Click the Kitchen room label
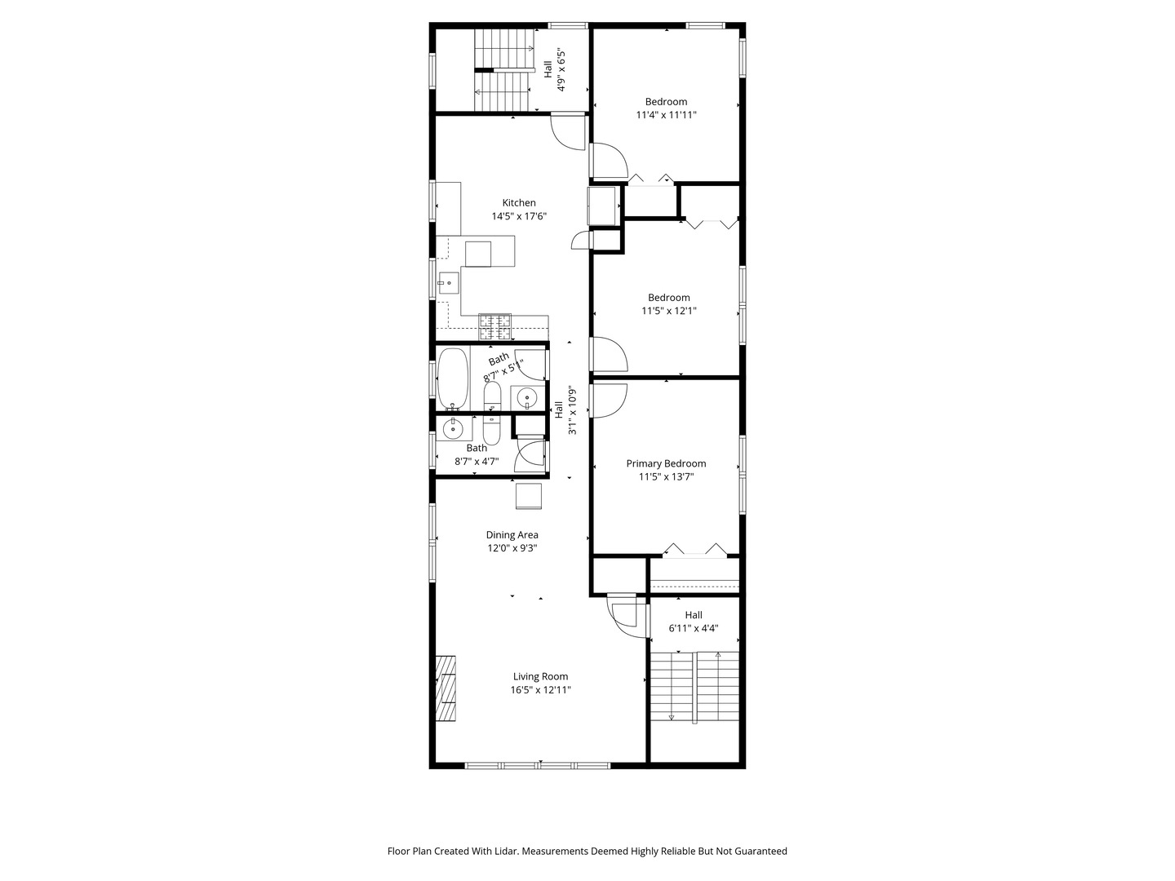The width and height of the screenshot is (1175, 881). pyautogui.click(x=518, y=203)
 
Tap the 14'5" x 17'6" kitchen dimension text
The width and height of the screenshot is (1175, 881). pyautogui.click(x=519, y=216)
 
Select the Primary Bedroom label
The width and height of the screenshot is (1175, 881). pyautogui.click(x=666, y=463)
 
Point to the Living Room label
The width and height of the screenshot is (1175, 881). pyautogui.click(x=540, y=676)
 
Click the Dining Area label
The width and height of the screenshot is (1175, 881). pyautogui.click(x=512, y=534)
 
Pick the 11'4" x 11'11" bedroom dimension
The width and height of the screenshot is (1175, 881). pyautogui.click(x=666, y=114)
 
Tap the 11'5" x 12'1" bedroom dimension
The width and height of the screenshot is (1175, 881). pyautogui.click(x=668, y=310)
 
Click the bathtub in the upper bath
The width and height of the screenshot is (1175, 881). pyautogui.click(x=453, y=379)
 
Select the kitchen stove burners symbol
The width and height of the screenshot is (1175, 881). pyautogui.click(x=494, y=327)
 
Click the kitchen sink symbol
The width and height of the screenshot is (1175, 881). pyautogui.click(x=448, y=282)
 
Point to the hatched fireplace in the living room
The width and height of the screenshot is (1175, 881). pyautogui.click(x=446, y=688)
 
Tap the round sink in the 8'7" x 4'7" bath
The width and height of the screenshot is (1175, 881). pyautogui.click(x=453, y=428)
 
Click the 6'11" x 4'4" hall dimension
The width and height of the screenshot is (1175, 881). pyautogui.click(x=694, y=628)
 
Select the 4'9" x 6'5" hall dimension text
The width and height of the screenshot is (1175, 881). pyautogui.click(x=561, y=71)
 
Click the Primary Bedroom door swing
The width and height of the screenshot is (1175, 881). pyautogui.click(x=608, y=401)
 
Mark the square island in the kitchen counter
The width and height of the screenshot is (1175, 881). pyautogui.click(x=477, y=254)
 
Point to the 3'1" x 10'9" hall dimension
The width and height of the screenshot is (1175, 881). pyautogui.click(x=572, y=410)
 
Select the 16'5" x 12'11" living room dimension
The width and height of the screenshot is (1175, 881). pyautogui.click(x=540, y=689)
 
